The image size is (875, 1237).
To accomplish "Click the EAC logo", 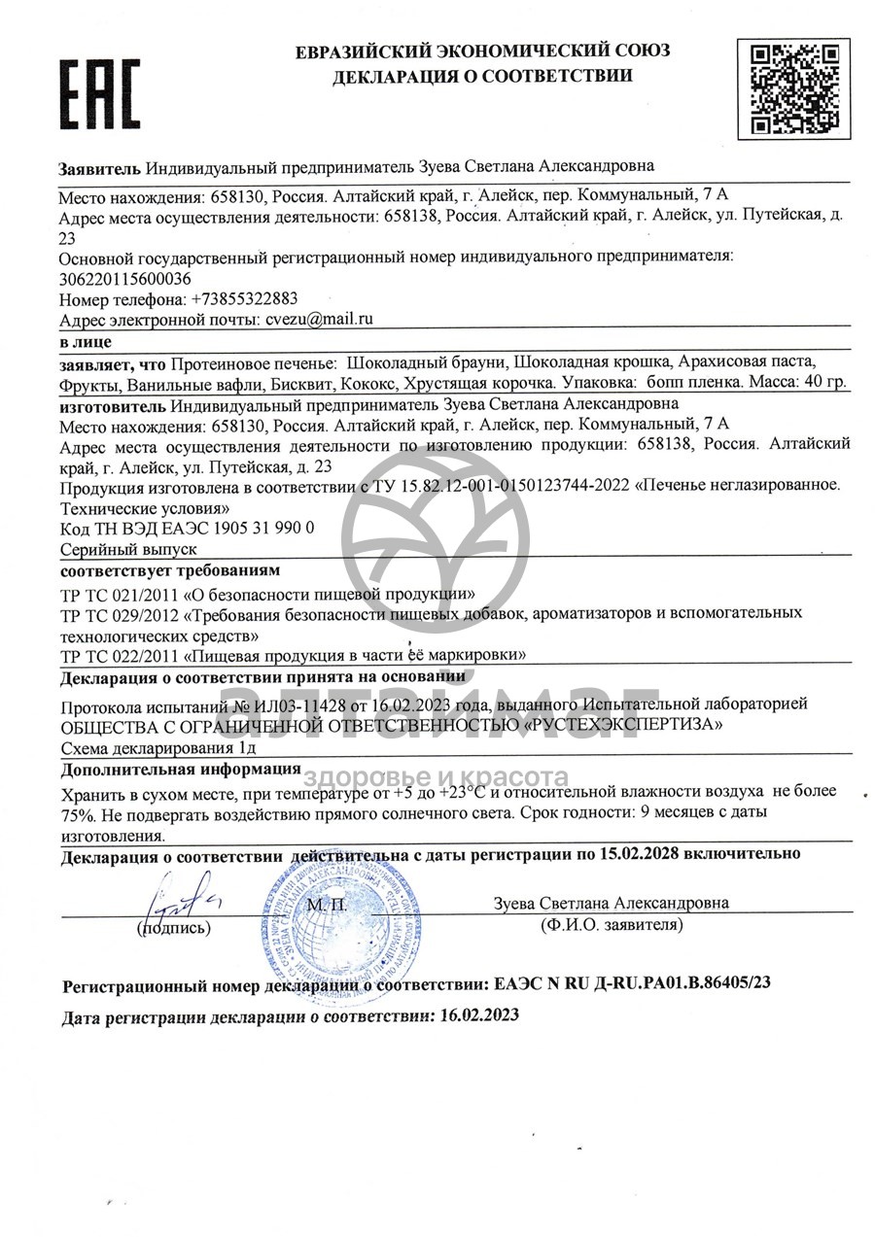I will (x=101, y=95).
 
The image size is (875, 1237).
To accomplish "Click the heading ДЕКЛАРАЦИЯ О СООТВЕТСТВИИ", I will (x=482, y=76).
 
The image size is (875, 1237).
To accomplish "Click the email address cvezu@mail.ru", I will (x=317, y=319).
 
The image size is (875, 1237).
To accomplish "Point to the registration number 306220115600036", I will (x=125, y=278).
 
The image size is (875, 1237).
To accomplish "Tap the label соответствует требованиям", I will (x=169, y=569).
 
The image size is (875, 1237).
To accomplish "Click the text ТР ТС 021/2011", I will (x=119, y=593).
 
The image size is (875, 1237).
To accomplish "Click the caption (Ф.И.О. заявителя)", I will (x=612, y=925).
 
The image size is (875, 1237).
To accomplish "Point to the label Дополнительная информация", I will (x=180, y=770).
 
